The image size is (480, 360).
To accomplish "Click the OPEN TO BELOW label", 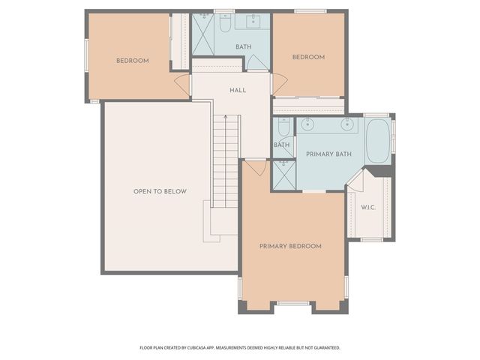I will pos(160,191).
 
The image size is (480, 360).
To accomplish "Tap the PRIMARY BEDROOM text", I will pos(290,246).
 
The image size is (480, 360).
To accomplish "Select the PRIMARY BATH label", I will pos(328,154).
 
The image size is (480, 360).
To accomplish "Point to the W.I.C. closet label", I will pos(368,207).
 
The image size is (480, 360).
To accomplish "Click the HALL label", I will pos(238,90).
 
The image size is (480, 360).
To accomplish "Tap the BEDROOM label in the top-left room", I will pos(132,61).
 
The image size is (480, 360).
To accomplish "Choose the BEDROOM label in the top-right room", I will pos(308,57).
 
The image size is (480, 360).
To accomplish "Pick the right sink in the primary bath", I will pos(347,124).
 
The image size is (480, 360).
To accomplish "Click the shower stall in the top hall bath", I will pos(203,34).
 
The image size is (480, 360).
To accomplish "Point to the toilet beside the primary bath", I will pos(283,127).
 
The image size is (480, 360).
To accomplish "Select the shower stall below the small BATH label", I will pos(283,175).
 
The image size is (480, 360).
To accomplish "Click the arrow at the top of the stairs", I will pos(225,118).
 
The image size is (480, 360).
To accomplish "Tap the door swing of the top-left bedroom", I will pos(183,84).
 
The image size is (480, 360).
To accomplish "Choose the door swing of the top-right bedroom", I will pos(278,84).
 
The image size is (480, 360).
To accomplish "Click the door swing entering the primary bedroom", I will pos(256,168).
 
